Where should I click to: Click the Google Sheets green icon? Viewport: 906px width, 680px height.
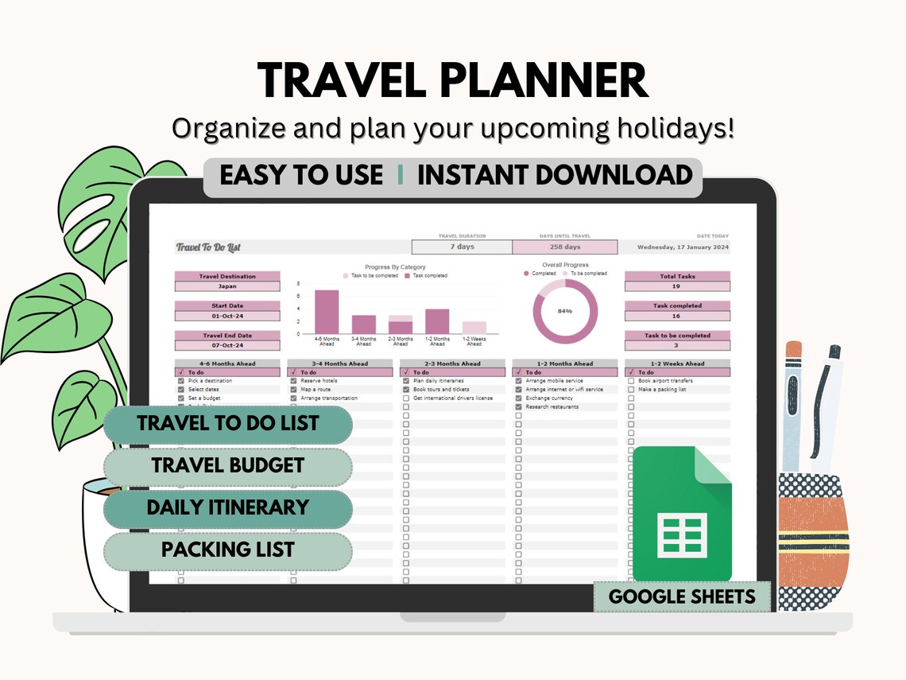tap(682, 514)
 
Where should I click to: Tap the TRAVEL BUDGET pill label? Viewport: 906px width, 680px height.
tap(228, 465)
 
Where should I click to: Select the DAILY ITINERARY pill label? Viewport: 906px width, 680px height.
tap(228, 507)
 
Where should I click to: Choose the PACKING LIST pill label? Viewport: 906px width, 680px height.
tap(228, 550)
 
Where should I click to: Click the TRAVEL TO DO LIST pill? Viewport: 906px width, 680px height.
tap(228, 423)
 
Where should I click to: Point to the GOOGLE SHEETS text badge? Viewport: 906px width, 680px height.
tap(682, 596)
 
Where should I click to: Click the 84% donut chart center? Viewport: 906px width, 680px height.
tap(565, 311)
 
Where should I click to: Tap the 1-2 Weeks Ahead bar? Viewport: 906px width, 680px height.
tap(474, 327)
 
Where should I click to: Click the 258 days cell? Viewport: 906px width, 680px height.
tap(564, 247)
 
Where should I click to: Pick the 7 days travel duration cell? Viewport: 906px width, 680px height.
tap(462, 247)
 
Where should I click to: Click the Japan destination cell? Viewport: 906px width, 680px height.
tap(227, 286)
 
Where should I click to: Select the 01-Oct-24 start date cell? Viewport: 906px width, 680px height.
tap(227, 316)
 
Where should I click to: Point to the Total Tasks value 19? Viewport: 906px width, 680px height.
tap(676, 286)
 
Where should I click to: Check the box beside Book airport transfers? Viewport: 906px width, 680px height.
tap(631, 381)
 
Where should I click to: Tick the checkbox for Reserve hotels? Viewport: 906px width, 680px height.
tap(293, 381)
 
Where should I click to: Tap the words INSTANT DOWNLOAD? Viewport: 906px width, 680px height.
tap(555, 175)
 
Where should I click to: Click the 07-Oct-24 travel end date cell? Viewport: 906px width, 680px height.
tap(227, 345)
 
